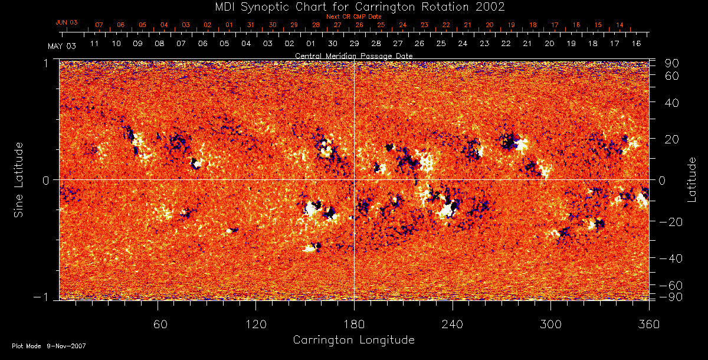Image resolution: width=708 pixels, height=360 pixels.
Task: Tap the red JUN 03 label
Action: pyautogui.click(x=67, y=22)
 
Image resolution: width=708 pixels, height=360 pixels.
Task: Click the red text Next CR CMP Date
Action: pyautogui.click(x=353, y=17)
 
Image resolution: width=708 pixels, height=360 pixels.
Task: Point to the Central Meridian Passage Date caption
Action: pyautogui.click(x=353, y=55)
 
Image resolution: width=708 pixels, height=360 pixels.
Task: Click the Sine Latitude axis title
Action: pyautogui.click(x=19, y=179)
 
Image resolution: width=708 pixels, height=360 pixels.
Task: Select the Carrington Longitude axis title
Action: pyautogui.click(x=353, y=340)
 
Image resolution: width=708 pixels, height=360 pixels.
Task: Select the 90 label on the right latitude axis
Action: pyautogui.click(x=673, y=63)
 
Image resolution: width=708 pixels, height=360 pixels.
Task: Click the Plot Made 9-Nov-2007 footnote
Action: pyautogui.click(x=49, y=346)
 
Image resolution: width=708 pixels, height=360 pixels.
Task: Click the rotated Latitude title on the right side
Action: pyautogui.click(x=693, y=179)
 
